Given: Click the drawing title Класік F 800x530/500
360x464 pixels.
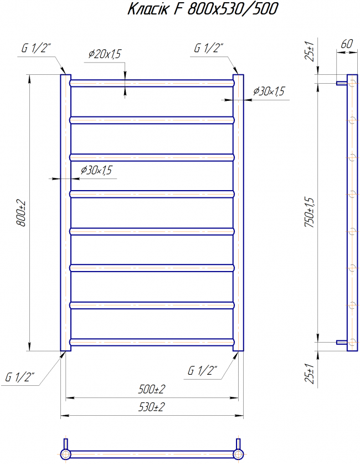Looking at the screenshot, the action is (x=203, y=8).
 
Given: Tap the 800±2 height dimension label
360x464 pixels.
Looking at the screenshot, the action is (x=21, y=213).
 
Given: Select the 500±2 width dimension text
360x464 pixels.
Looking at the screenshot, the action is (x=152, y=389).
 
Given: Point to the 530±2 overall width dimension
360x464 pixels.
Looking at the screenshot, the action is (x=152, y=407).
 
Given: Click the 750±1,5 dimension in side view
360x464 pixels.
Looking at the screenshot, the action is (x=310, y=212).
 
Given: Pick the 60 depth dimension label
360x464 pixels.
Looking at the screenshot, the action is (x=347, y=44).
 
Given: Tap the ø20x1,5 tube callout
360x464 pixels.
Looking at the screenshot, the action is (x=105, y=54).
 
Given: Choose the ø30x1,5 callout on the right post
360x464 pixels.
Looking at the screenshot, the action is (x=269, y=91).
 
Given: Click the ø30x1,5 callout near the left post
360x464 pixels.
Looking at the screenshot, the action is (x=97, y=170).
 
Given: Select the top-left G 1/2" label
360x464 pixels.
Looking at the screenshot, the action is (x=36, y=48).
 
